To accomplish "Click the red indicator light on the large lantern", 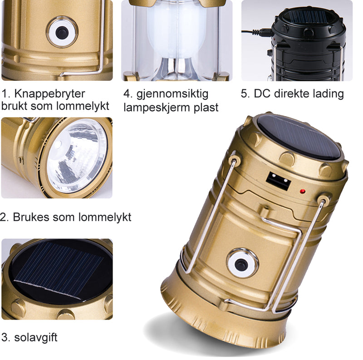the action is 302,192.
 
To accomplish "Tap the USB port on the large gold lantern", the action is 278,181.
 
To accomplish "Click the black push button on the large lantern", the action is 241,264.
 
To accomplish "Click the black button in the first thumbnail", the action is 62,32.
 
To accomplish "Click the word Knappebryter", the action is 50,94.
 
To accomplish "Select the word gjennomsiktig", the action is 172,94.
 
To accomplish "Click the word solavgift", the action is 36,337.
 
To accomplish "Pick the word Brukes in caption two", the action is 31,217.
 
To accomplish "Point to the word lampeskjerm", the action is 157,108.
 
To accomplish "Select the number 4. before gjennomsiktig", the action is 128,94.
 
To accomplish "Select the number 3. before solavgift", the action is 5,337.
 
